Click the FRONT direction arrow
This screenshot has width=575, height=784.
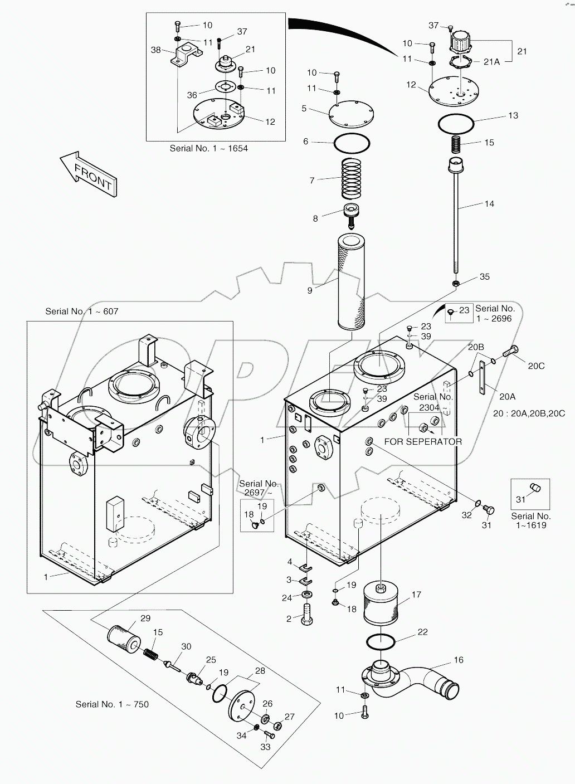pos(89,174)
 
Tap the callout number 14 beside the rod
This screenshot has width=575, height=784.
pos(489,204)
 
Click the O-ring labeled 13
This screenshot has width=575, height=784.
pos(455,124)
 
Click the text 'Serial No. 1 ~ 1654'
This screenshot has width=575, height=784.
pos(208,148)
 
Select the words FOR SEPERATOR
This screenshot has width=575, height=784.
pos(422,442)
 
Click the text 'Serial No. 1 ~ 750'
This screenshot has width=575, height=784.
pos(112,704)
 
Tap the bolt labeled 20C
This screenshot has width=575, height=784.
pos(509,352)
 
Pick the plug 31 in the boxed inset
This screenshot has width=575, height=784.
pos(536,488)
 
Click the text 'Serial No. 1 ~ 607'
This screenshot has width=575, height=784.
pos(82,311)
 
